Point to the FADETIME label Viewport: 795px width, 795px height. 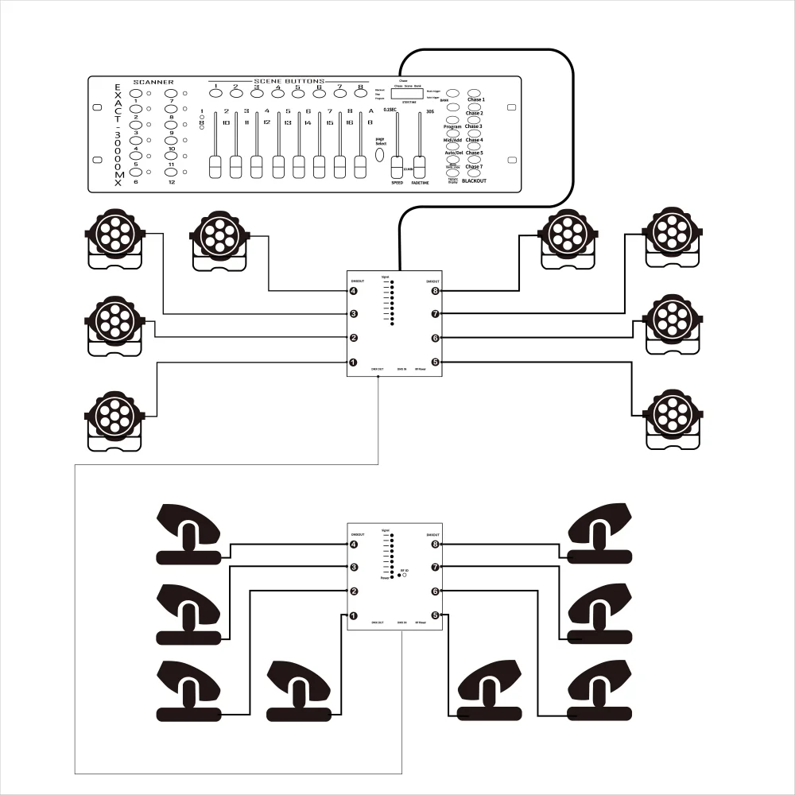pos(420,182)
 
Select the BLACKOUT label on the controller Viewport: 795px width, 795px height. pos(475,180)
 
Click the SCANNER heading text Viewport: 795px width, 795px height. pos(153,82)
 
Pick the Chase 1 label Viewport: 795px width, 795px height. pos(475,99)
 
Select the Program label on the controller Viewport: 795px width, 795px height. pos(452,126)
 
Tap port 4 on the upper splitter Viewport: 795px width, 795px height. pos(353,292)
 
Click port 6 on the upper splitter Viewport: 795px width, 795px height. pos(436,339)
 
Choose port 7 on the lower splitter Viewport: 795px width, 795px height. pos(436,568)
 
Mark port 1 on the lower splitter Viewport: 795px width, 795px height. pos(353,615)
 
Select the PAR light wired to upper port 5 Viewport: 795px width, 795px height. pos(673,415)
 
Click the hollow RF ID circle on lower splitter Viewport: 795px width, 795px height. pos(405,575)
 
